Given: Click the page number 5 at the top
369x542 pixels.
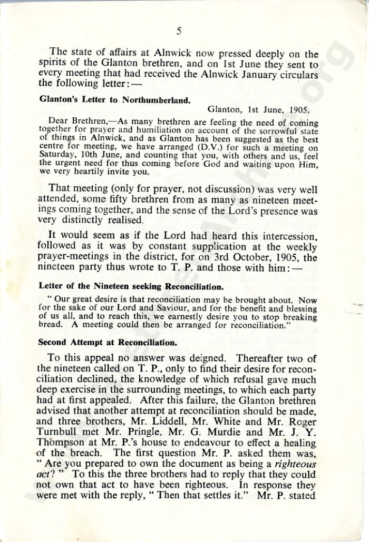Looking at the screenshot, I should [179, 32].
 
